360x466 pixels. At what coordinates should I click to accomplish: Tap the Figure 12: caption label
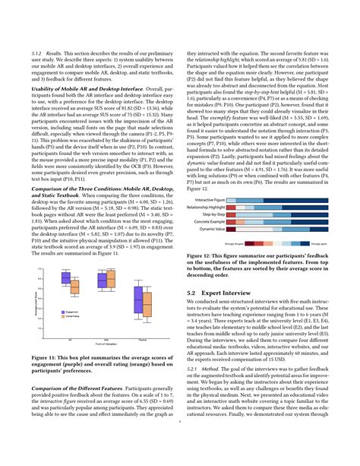tap(201, 256)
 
